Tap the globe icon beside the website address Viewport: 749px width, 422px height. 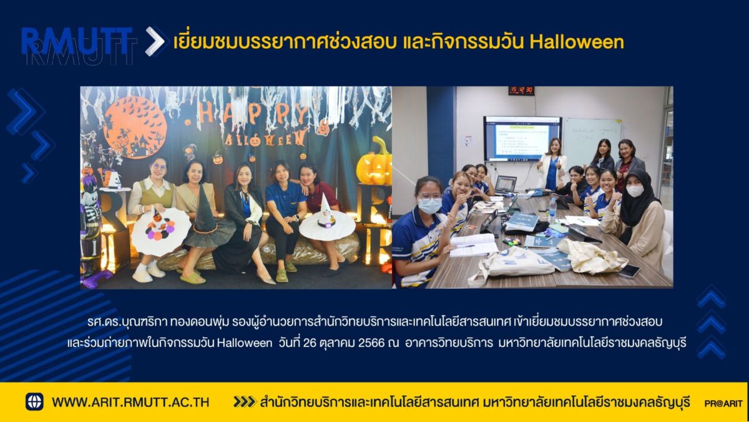[x=34, y=401]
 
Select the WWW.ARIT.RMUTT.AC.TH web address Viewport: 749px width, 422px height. [x=130, y=402]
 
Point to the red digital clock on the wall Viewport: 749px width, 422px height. [x=521, y=90]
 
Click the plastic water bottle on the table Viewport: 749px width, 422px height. [x=552, y=211]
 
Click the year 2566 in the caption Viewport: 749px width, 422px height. [x=371, y=343]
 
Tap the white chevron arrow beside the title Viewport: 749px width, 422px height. [x=155, y=41]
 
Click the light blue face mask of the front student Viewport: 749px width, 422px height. [x=429, y=206]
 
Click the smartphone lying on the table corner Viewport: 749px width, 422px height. [x=629, y=271]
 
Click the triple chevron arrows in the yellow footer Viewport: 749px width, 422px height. [x=245, y=401]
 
